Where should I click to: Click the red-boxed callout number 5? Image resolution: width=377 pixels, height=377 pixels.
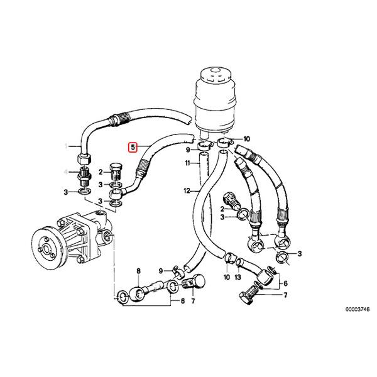tap(133, 148)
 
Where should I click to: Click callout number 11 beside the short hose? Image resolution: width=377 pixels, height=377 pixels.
tap(188, 163)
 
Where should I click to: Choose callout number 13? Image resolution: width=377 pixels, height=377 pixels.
tap(238, 276)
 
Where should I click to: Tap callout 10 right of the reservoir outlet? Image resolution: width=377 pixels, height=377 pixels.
tap(247, 138)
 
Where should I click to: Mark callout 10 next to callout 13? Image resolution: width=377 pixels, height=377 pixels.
tap(226, 276)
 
